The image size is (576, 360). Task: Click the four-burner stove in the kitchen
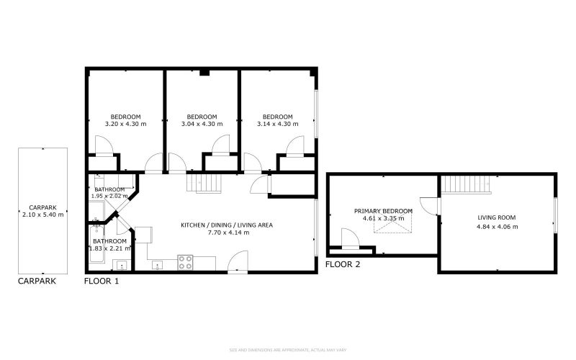pos(184,262)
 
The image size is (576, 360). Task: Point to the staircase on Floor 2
pos(465,185)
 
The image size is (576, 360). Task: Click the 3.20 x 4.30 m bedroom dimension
pos(125,124)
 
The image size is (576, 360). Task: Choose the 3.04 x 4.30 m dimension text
pos(202,124)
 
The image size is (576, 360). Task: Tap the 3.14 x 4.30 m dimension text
pos(278,124)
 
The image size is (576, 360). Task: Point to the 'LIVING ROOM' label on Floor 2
pos(497,217)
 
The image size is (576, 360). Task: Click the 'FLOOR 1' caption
pos(102,282)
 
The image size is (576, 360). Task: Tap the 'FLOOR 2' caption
pos(343,264)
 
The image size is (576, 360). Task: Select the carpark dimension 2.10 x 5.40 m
pos(42,215)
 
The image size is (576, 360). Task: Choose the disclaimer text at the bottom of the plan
pos(288,350)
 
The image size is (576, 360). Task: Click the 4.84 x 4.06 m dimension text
pos(497,227)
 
